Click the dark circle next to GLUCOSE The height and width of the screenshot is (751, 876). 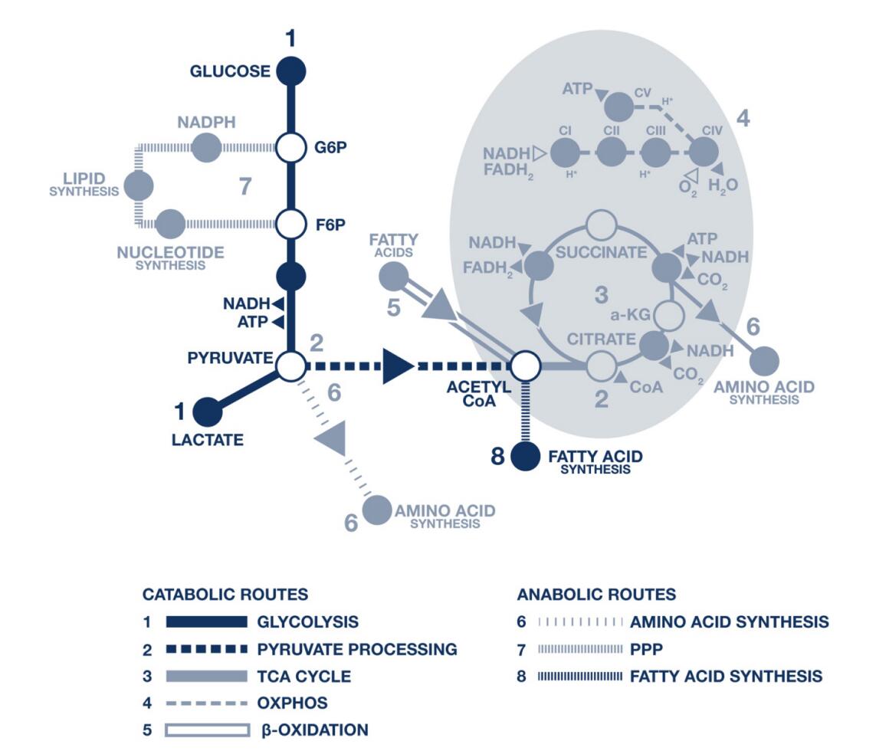(x=290, y=71)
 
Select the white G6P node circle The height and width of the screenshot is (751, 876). (x=290, y=146)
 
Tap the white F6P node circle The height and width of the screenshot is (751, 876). (x=290, y=225)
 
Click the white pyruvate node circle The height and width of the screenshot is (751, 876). (x=290, y=366)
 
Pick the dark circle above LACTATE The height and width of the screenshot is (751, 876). (x=207, y=412)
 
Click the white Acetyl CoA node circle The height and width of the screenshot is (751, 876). (x=526, y=366)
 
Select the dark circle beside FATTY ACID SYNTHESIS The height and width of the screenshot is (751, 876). (x=526, y=457)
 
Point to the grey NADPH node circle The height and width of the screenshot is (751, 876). (x=205, y=147)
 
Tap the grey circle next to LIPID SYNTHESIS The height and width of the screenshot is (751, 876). (x=139, y=185)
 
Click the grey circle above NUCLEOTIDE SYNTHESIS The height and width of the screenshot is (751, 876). (x=169, y=224)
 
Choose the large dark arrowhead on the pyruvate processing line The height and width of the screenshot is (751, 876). (x=397, y=366)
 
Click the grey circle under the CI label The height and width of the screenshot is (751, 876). (x=566, y=153)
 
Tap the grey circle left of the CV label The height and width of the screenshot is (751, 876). (x=619, y=107)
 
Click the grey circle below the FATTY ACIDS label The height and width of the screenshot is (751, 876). (x=394, y=275)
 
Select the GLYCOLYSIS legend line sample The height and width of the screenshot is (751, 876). (x=207, y=621)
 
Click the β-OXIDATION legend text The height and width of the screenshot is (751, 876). (x=315, y=730)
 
